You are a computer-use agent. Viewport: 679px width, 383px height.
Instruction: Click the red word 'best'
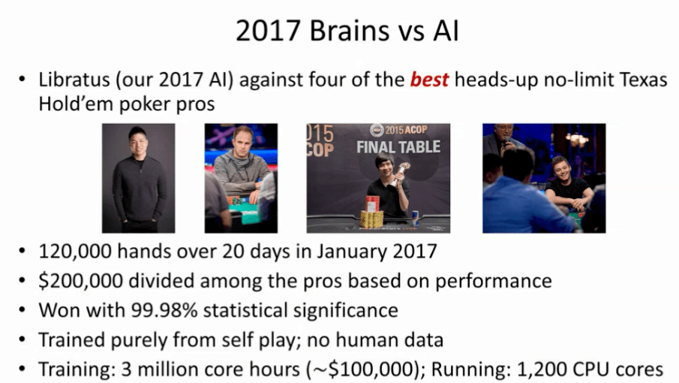429,80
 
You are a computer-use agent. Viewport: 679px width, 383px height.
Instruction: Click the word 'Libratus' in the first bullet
73,80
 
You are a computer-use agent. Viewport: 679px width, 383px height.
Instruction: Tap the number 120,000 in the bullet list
74,252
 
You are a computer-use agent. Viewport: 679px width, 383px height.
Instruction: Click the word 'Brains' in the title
350,31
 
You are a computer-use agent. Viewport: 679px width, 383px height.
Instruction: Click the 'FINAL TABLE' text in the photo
398,147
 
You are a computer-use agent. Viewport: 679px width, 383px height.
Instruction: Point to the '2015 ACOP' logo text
399,129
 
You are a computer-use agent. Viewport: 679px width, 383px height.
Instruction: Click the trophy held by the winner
400,173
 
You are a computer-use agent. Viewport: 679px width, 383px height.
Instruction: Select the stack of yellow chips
372,219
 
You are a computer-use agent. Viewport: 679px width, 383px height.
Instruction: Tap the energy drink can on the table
416,218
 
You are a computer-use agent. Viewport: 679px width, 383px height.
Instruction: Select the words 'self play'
258,339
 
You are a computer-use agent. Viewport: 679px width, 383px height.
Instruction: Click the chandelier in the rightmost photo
576,140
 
